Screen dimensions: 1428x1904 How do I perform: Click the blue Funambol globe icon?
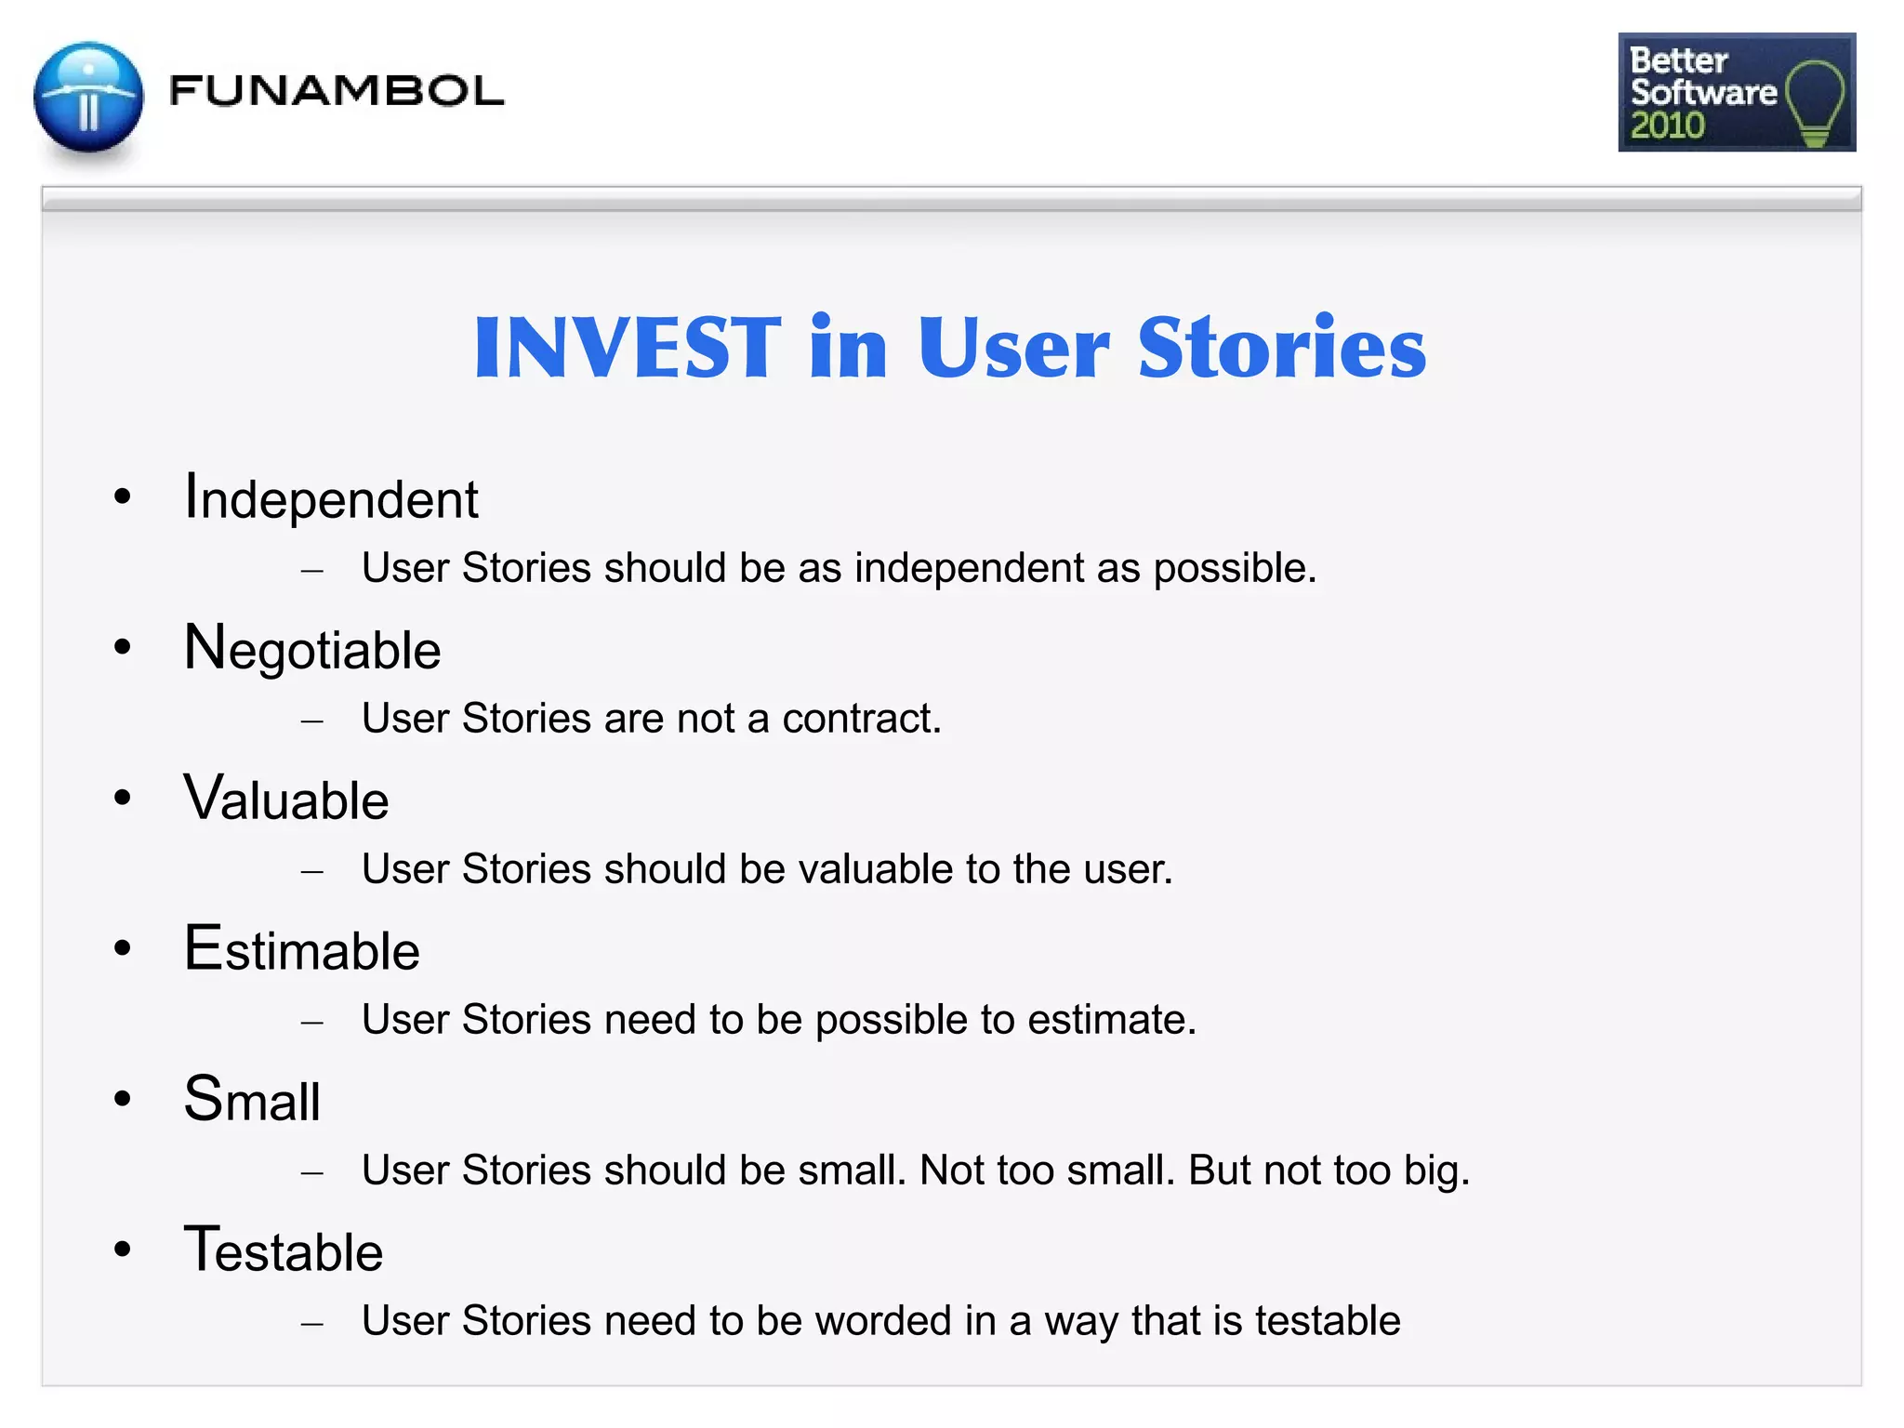(x=88, y=98)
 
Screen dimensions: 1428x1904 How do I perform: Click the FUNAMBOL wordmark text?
(x=337, y=91)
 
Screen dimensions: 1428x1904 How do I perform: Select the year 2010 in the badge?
(x=1667, y=126)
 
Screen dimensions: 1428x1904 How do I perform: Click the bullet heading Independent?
(x=331, y=498)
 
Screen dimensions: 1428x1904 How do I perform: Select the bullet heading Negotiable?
(x=312, y=649)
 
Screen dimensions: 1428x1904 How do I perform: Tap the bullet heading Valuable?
(x=286, y=800)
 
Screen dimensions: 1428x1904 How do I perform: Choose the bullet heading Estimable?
(x=302, y=950)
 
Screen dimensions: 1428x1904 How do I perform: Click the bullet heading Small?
(x=252, y=1101)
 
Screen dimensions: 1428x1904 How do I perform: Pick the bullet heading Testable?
(x=284, y=1251)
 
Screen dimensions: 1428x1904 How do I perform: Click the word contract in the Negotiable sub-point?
(x=859, y=719)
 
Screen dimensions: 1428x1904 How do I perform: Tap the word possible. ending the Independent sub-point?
(x=1235, y=569)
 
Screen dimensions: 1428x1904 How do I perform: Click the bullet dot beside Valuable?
(x=123, y=798)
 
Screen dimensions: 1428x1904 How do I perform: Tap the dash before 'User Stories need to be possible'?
(x=312, y=1023)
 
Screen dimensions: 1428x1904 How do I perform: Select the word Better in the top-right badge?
(x=1678, y=60)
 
